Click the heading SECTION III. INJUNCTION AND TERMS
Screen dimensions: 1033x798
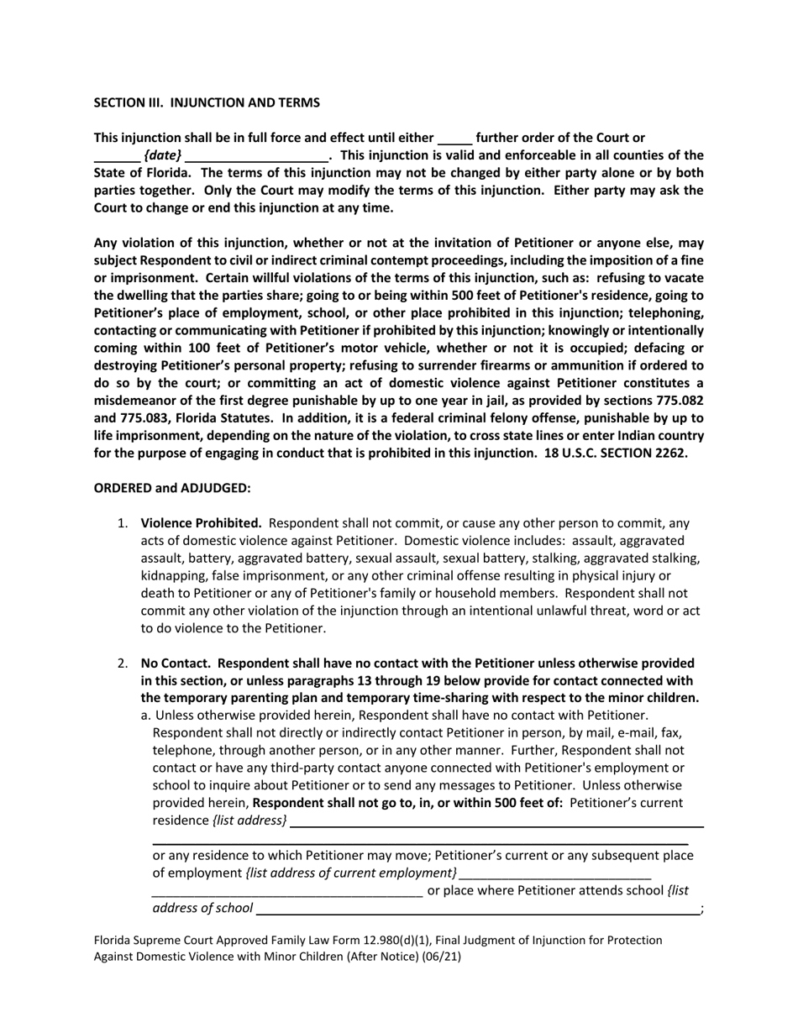[x=206, y=102]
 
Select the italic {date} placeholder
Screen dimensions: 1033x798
[x=162, y=155]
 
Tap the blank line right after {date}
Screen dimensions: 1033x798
[x=256, y=156]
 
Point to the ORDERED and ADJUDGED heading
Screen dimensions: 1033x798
[x=171, y=488]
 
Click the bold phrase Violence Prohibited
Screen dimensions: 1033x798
[x=201, y=522]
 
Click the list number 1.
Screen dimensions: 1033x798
[x=122, y=522]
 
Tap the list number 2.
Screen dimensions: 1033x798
[x=122, y=663]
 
